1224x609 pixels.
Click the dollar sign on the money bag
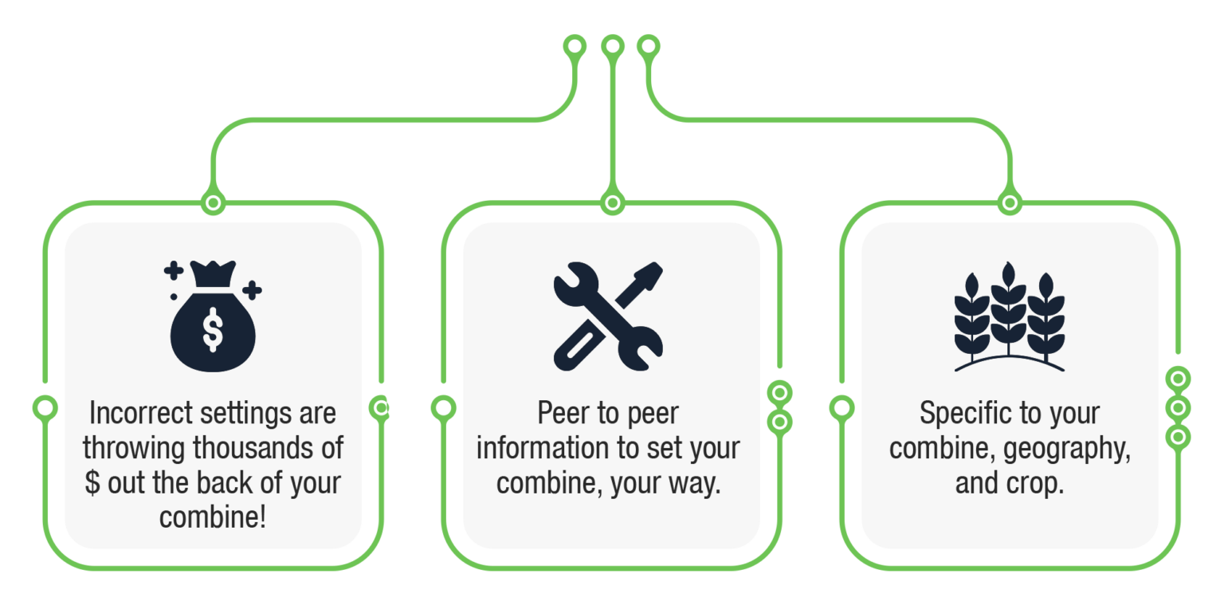[213, 329]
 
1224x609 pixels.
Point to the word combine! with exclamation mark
[213, 517]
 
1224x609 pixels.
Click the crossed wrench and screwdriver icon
[608, 316]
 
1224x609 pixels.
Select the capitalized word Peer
[562, 414]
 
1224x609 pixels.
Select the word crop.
[1039, 483]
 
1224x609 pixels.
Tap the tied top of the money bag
[213, 275]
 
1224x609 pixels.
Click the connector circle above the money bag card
[213, 202]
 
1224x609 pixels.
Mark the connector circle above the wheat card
[1010, 202]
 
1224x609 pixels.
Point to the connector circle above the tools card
[611, 202]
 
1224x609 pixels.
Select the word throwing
[135, 448]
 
